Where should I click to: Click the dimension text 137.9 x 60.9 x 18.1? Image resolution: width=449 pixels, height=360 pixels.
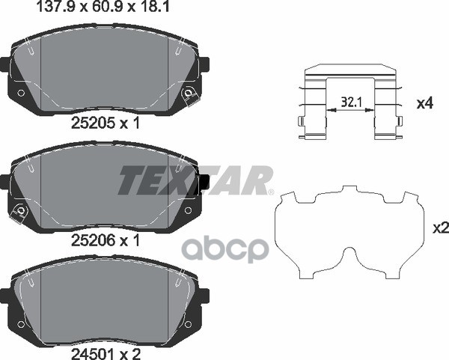(104, 7)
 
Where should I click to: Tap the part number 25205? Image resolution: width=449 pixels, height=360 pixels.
(93, 123)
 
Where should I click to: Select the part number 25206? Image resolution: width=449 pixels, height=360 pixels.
(93, 240)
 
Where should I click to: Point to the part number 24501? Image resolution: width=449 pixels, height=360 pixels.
(93, 354)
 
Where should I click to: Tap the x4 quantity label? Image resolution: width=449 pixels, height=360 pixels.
(424, 103)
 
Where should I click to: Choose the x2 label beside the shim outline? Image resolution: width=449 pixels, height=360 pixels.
(441, 228)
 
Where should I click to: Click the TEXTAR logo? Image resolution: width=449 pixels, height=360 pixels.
(195, 180)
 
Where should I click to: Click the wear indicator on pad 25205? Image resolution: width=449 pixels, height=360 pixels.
(189, 94)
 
